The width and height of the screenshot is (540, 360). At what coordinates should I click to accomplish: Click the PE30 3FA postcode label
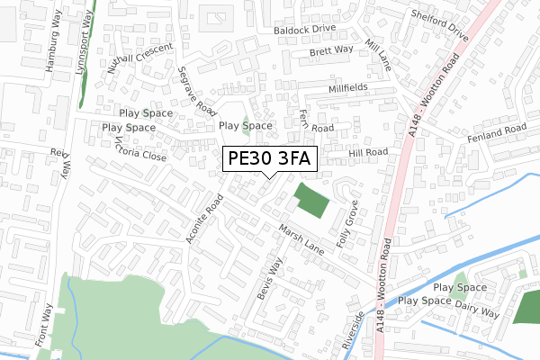click(x=269, y=159)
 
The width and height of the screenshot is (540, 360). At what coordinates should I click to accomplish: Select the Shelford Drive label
click(x=439, y=26)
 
